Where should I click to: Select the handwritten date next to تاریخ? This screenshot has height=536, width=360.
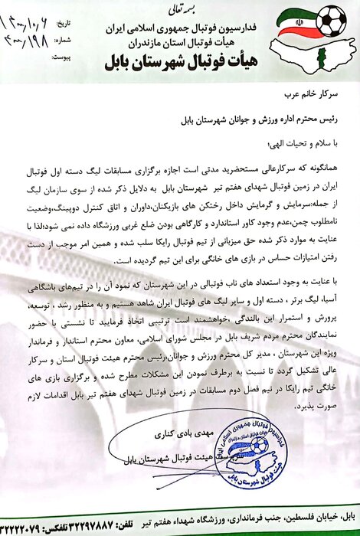coord(27,14)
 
